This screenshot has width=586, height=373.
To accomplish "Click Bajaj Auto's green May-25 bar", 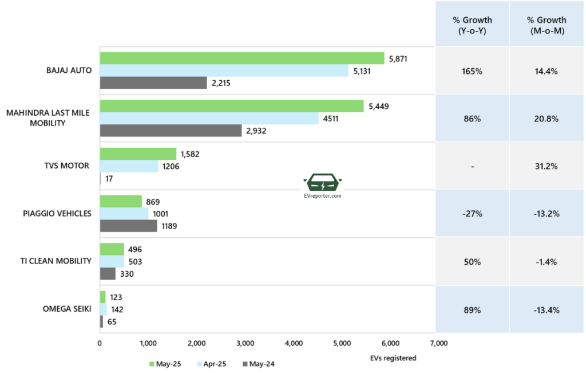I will click(x=242, y=58).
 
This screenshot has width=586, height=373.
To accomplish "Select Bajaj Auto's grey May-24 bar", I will click(x=153, y=83).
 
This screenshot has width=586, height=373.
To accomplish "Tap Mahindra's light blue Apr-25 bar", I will click(x=209, y=119).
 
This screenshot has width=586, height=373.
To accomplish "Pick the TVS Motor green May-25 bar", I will click(x=138, y=154).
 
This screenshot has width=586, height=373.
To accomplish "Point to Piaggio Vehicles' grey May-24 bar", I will click(x=128, y=226).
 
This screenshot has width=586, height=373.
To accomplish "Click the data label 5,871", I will click(x=397, y=58).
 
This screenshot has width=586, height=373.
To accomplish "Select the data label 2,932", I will click(x=256, y=131).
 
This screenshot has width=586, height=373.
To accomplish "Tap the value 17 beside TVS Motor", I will click(x=109, y=179).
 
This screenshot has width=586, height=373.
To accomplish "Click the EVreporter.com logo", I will click(x=323, y=187).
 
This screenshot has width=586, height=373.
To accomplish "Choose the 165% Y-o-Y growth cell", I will click(x=472, y=72).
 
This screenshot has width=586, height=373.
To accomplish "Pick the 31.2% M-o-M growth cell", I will click(x=545, y=166).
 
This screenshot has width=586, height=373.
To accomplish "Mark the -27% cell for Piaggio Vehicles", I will click(x=472, y=214).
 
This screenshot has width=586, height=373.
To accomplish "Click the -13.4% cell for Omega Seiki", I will click(x=545, y=310).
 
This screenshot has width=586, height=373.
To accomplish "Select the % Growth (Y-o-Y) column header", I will click(x=472, y=25).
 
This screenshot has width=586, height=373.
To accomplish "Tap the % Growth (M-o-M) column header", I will click(x=545, y=25).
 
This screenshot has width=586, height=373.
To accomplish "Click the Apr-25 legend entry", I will click(x=212, y=363).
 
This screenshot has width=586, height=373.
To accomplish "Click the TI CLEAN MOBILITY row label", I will click(x=56, y=261).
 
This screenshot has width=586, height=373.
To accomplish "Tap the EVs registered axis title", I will click(x=393, y=358).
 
